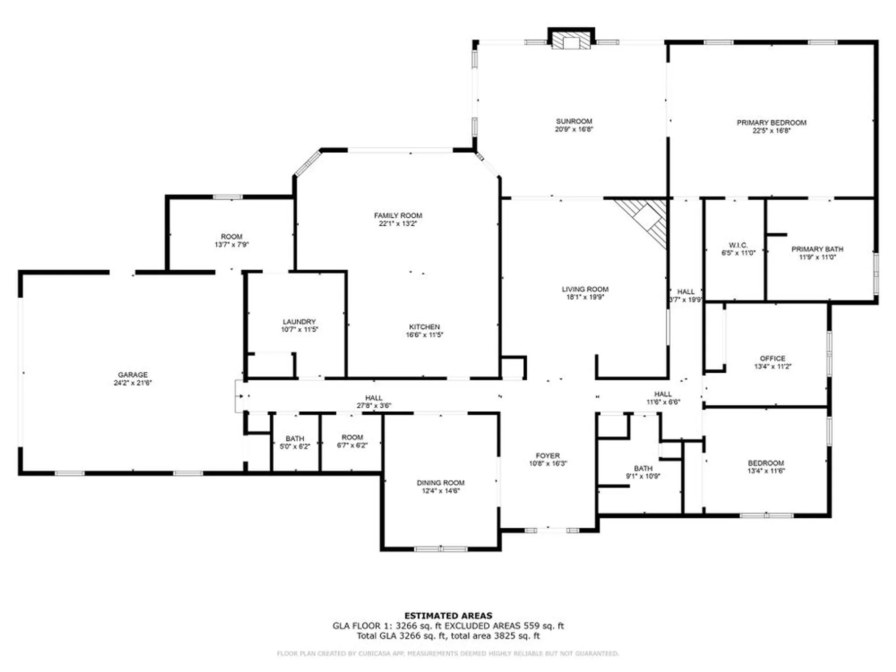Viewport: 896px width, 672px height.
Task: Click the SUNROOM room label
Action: pos(574,121)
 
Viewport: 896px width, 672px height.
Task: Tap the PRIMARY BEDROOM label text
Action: pos(771,123)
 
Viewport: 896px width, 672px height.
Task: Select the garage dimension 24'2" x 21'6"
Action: pos(133,383)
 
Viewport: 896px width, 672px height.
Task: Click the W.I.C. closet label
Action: pos(738,245)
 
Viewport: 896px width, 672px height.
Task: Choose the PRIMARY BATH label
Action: pos(817,249)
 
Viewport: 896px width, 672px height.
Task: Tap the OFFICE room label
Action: pos(772,358)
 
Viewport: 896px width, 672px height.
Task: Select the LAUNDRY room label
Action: pos(299,322)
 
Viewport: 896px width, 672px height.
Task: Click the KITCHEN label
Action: pos(424,327)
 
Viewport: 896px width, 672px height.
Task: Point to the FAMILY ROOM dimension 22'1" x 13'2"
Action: pos(398,224)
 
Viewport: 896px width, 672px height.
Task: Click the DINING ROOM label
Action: pos(440,483)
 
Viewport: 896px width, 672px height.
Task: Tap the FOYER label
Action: pos(547,456)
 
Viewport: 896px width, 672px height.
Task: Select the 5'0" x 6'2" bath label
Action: pos(295,447)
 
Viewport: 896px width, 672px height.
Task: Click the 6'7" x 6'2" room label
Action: pos(352,445)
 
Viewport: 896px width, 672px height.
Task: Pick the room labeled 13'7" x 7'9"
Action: pos(232,245)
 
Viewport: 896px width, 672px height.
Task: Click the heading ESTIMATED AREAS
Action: pos(448,616)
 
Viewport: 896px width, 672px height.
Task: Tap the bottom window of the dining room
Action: pos(441,549)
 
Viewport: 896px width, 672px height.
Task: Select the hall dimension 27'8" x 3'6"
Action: pos(374,406)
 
